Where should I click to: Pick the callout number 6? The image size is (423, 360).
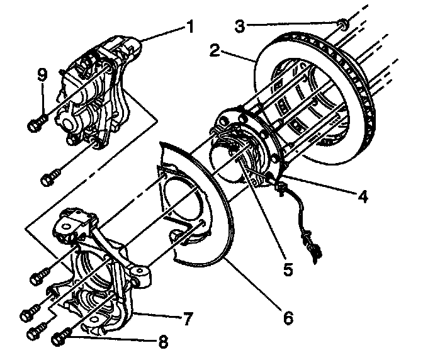click(x=287, y=318)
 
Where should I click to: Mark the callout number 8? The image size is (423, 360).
click(x=164, y=343)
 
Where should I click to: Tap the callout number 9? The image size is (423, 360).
click(x=42, y=74)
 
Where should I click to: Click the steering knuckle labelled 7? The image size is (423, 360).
click(x=101, y=271)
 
